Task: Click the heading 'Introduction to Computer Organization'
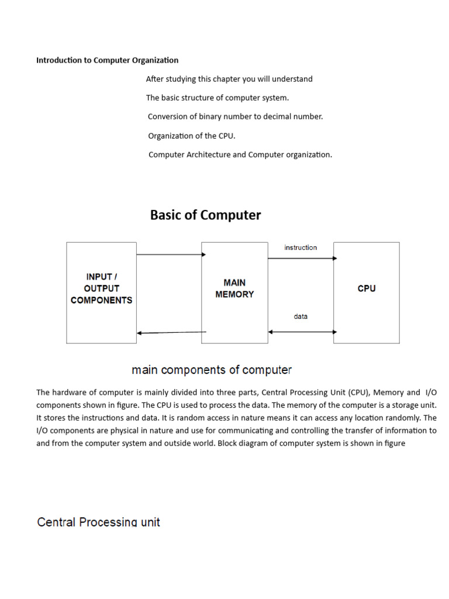pos(107,60)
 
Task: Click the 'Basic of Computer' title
pos(205,215)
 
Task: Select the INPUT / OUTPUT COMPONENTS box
pos(101,292)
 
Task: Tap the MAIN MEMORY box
pos(234,292)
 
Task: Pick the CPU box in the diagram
pos(367,292)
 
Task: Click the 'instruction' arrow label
pos(301,247)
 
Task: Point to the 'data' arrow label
pos(301,316)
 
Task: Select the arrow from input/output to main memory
pos(171,254)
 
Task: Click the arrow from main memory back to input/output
pos(171,333)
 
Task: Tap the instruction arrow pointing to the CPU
pos(302,258)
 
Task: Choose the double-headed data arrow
pos(302,332)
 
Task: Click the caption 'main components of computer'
pos(212,370)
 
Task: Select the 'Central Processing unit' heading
pos(98,522)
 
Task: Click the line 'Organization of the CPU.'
pos(191,136)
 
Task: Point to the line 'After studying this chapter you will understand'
pos(229,79)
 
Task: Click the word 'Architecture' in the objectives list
pos(210,155)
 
